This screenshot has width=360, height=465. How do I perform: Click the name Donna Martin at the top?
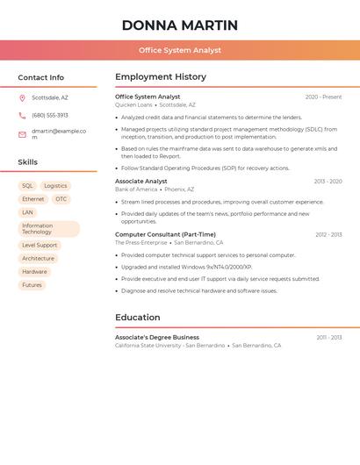point(180,25)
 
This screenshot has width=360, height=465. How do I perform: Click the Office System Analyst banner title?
point(180,50)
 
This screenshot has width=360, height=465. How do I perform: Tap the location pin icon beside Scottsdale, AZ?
point(22,98)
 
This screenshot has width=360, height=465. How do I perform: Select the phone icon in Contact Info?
point(22,115)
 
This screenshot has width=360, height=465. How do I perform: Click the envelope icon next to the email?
point(22,134)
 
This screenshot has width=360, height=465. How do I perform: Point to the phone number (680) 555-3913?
point(50,115)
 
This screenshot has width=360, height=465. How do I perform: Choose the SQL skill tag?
point(27,186)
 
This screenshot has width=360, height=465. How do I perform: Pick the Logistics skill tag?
point(55,186)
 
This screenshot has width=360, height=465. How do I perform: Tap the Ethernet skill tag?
point(32,199)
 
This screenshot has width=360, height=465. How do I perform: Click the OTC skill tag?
point(61,199)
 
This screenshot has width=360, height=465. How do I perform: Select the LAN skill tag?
point(27,212)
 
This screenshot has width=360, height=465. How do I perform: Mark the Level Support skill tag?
point(40,246)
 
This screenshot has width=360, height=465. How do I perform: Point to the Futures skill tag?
point(32,285)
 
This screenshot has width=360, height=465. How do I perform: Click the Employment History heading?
point(161,77)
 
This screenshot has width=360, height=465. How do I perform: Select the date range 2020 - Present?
point(323,97)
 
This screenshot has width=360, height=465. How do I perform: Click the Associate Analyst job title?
point(140,182)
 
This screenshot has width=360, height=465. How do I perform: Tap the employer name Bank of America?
point(136,190)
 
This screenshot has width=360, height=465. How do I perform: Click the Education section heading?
point(138,318)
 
